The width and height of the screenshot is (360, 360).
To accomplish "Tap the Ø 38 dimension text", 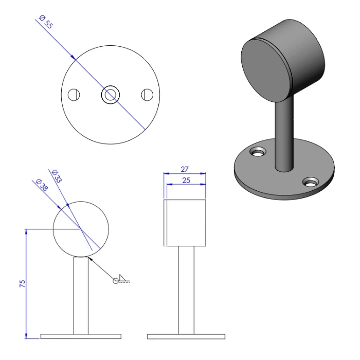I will coord(42,185).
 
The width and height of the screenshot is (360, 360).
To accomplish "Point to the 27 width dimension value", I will coord(185,169).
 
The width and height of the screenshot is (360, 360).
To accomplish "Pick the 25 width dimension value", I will coord(185,180).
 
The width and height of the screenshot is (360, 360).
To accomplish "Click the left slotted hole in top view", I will coord(75,95).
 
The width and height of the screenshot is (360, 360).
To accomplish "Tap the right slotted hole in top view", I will coord(147,95).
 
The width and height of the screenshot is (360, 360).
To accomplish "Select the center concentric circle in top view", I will coord(111,95).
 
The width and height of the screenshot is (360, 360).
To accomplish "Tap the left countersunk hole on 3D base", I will coord(258,152).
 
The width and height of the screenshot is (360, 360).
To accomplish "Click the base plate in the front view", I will coord(81,336).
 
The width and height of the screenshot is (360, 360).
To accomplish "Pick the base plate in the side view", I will coord(186,336).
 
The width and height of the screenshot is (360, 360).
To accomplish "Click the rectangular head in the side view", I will coord(186,222).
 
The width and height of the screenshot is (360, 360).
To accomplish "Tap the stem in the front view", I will coord(81,296).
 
